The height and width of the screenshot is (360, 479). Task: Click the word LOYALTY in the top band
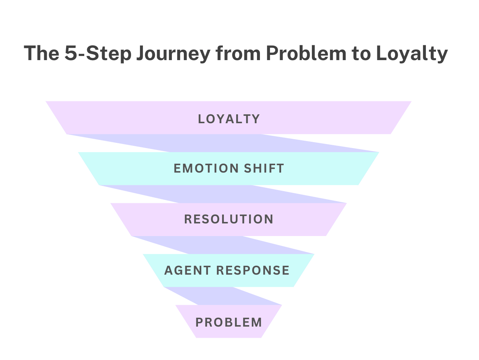(x=229, y=119)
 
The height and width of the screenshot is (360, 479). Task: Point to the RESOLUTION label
(x=229, y=219)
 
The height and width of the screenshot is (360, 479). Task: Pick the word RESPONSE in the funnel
(x=253, y=270)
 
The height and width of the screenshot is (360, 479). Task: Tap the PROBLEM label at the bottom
(x=229, y=322)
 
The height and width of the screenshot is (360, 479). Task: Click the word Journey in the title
(x=173, y=53)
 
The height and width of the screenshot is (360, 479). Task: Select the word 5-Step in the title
(x=98, y=53)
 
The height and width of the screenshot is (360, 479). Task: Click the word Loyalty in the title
(x=412, y=53)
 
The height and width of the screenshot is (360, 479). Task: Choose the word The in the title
(x=42, y=53)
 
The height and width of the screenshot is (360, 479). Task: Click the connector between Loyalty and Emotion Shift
(x=223, y=143)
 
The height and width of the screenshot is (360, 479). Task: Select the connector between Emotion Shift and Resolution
(x=223, y=194)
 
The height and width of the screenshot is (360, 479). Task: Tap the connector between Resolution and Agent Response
(x=223, y=245)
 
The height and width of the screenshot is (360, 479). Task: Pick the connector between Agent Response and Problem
(x=223, y=296)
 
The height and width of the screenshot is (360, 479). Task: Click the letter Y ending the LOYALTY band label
(x=256, y=119)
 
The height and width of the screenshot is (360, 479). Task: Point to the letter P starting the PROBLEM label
(x=199, y=322)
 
